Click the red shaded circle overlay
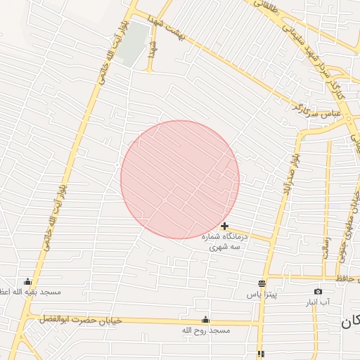180,179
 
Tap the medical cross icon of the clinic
224,226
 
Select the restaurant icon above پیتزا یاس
262,283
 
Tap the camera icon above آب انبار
318,291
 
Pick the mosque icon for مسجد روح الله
205,319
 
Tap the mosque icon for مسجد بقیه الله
28,281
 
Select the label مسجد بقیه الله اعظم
31,291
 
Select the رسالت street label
326,247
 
